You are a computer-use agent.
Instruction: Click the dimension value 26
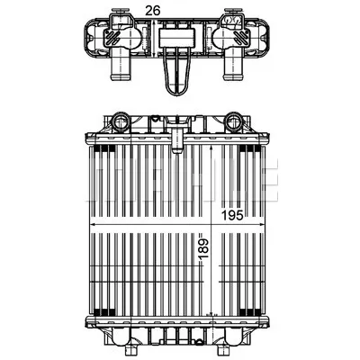tap(153, 11)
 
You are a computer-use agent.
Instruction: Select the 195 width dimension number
tap(232, 215)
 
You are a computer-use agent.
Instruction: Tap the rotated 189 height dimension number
tap(204, 249)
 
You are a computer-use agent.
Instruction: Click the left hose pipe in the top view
tap(121, 68)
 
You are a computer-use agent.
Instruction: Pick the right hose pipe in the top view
tap(233, 68)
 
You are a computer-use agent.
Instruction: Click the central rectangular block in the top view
tap(176, 38)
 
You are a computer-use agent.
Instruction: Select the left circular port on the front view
tap(121, 121)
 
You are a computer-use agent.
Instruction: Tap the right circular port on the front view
tap(234, 121)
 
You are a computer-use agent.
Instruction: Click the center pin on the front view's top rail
tap(177, 141)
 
